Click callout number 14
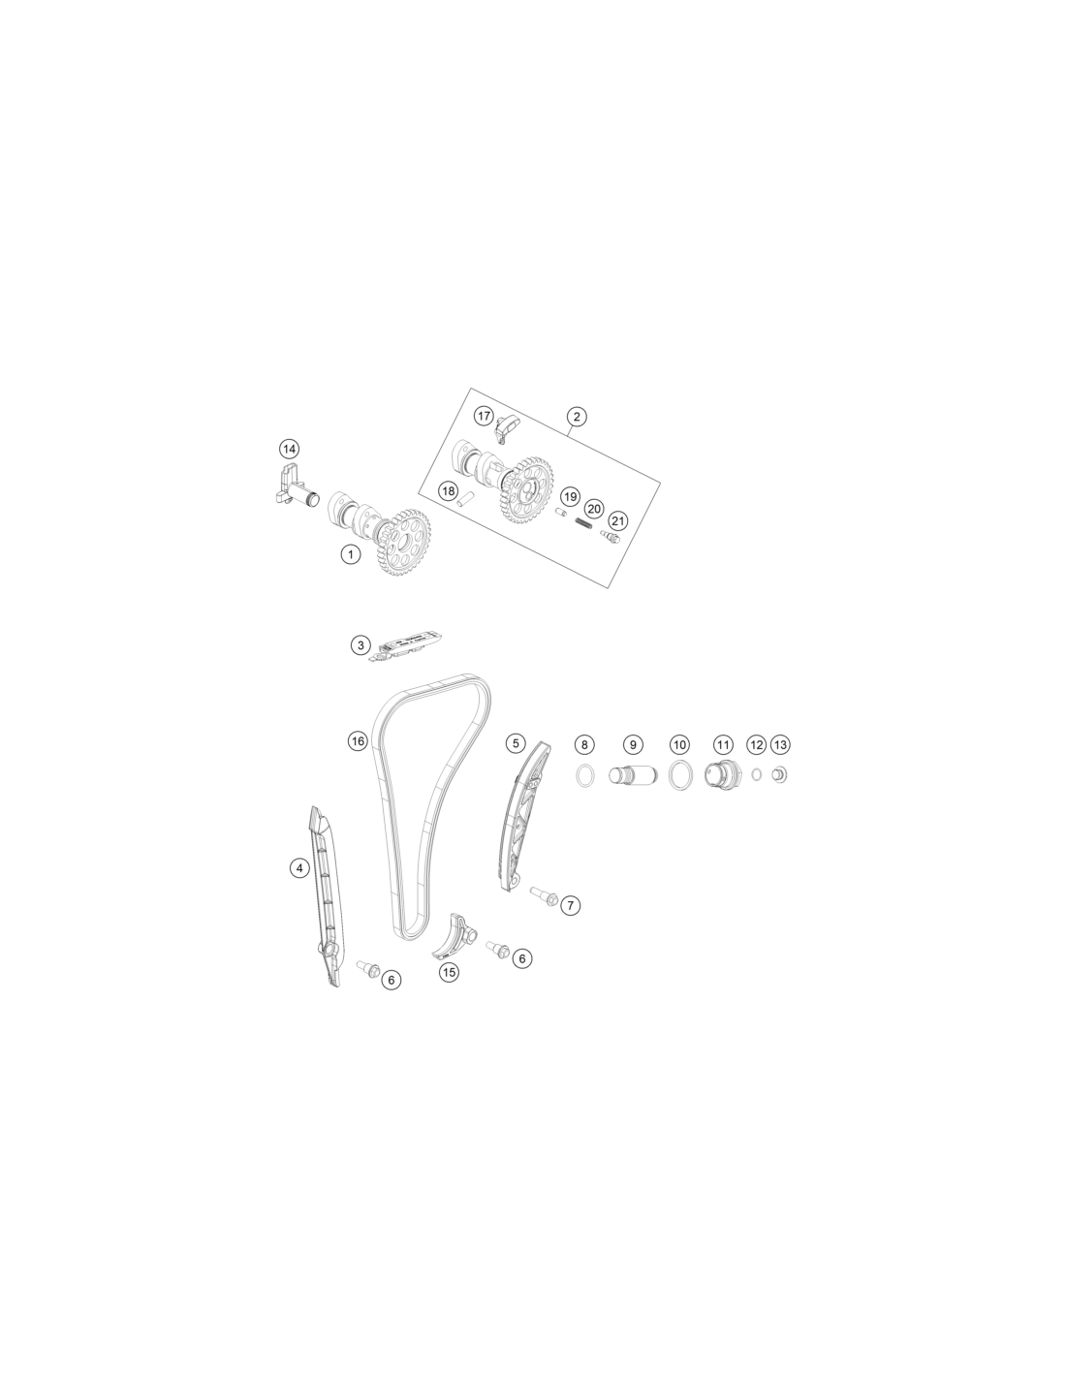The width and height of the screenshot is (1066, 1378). point(289,449)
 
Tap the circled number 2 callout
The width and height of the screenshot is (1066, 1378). point(577,417)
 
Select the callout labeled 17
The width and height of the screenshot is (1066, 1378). point(484,416)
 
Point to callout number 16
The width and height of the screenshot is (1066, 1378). point(358,740)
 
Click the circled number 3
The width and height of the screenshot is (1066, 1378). point(361,645)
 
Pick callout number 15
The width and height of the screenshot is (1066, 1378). point(449,972)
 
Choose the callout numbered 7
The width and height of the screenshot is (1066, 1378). point(570,905)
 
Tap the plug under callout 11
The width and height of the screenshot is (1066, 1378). point(719,775)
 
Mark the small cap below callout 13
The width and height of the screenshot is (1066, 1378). point(779,775)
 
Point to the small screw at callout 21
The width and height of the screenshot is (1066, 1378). point(610,537)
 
